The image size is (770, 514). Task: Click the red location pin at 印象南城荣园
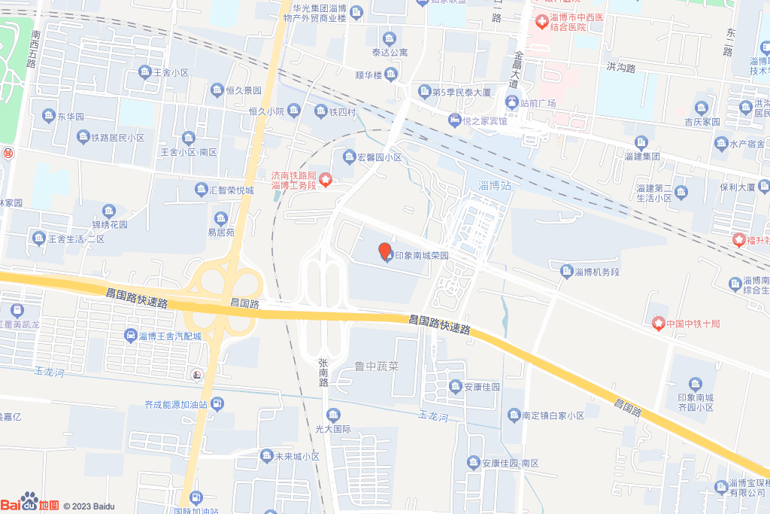click(384, 251)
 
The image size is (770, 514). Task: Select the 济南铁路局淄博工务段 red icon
click(326, 179)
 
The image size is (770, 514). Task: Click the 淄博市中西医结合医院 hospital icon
click(541, 22)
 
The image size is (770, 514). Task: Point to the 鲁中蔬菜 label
click(376, 367)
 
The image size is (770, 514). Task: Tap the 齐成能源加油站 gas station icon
click(217, 405)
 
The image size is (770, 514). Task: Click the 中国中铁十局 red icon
click(659, 324)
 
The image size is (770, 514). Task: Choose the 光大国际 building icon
click(333, 415)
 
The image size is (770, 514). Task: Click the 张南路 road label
click(324, 373)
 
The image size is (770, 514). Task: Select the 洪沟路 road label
click(621, 68)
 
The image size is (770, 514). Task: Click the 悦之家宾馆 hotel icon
click(455, 120)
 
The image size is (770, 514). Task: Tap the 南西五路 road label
click(33, 49)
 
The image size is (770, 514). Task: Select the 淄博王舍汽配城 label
click(170, 336)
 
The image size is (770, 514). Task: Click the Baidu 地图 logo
click(29, 503)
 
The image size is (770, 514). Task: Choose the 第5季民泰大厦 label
click(461, 93)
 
